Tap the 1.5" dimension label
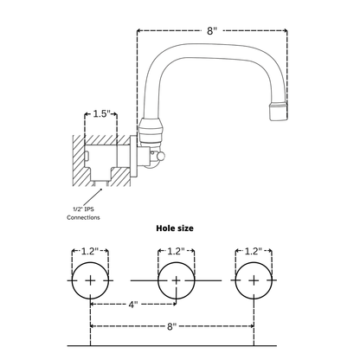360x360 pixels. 100,114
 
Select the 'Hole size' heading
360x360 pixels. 174,228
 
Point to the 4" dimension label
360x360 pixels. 133,304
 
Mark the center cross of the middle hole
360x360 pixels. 175,280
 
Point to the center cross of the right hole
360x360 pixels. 253,280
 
